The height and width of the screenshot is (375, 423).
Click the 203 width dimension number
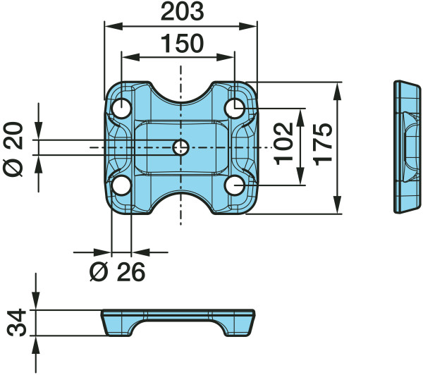182,11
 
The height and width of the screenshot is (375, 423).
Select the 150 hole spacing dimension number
182,44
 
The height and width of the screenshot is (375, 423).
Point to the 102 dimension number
283,144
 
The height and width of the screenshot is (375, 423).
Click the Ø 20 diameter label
13,149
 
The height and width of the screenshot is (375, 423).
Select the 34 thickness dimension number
16,323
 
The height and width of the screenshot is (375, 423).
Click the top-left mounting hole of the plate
122,108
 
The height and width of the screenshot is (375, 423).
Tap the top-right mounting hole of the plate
235,108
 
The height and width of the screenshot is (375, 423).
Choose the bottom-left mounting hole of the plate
122,185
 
